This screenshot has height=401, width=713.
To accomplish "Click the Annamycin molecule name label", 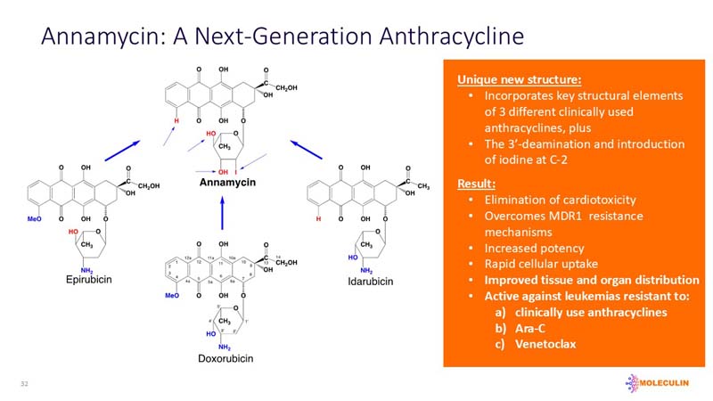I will [227, 183].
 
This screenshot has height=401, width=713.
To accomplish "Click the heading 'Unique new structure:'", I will [507, 79].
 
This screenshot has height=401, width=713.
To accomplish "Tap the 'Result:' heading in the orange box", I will [477, 183].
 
